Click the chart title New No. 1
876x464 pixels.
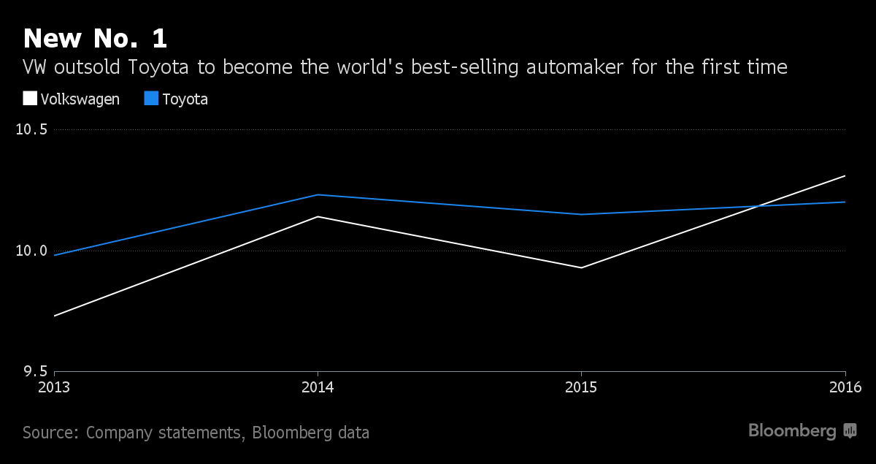coord(96,39)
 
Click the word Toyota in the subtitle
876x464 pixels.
coord(161,68)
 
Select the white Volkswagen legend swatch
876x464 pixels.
coord(30,99)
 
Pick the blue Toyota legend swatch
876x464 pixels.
coord(152,99)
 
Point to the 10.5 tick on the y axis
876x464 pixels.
coord(31,130)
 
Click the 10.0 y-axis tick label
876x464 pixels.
coord(31,251)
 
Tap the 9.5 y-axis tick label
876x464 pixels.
coord(34,371)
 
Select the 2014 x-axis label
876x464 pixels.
coord(318,387)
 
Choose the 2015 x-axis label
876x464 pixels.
coord(581,387)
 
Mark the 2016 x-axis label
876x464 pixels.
coord(845,387)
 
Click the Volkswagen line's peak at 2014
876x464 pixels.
coord(318,216)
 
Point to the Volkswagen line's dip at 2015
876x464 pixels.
coord(581,267)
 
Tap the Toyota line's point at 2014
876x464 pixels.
coord(318,194)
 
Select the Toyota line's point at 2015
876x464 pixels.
coord(581,214)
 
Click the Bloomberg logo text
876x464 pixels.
coord(792,431)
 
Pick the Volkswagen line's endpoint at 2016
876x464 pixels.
coord(845,175)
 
